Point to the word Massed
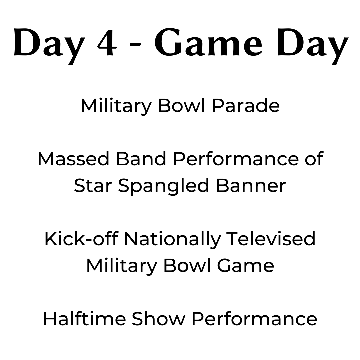73,159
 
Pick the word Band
141,159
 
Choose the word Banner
251,186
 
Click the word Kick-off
82,239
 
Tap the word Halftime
84,319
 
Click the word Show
158,319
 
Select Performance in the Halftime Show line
254,319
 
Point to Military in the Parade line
116,107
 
